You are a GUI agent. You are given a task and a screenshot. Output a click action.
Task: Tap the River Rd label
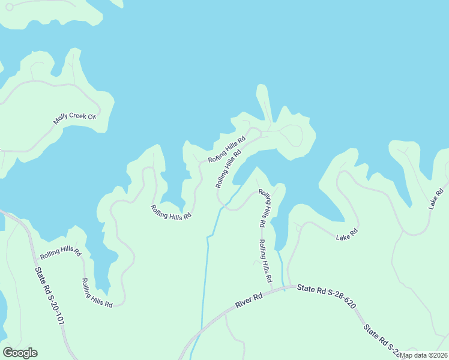pos(249,300)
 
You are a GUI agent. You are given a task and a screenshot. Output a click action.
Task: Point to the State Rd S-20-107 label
pos(49,296)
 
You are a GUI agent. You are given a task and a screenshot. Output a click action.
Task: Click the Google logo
pos(20,353)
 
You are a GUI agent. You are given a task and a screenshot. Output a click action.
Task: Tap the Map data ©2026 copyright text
pos(423,355)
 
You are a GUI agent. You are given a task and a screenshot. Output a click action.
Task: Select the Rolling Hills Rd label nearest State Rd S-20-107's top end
pos(60,252)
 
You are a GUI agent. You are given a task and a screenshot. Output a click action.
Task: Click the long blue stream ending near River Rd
pos(207,264)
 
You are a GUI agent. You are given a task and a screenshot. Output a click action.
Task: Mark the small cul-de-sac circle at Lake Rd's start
pos(298,228)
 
